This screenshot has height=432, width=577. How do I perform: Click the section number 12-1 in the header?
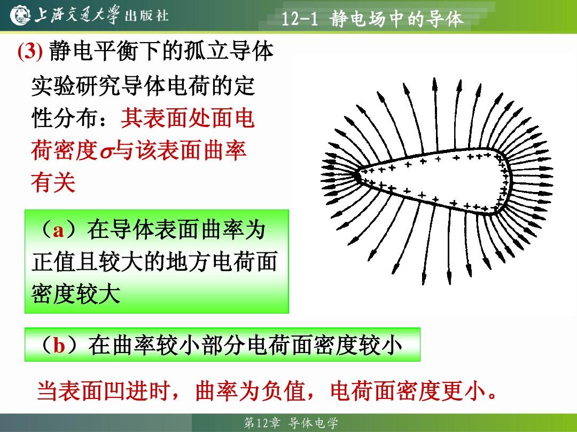point(300,18)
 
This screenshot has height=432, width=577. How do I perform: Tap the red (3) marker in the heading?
point(30,51)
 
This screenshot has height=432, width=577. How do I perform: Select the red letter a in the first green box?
point(59,231)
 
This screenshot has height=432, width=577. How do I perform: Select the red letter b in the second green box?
point(59,345)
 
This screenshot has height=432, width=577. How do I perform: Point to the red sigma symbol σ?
point(106,152)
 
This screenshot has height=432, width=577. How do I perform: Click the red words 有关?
point(53,182)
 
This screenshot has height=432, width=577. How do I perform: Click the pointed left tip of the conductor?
point(356,175)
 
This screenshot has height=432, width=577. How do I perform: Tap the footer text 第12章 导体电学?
point(291,423)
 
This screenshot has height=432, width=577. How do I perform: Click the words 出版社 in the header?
point(147,15)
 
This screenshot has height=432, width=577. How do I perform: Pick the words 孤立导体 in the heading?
point(229,51)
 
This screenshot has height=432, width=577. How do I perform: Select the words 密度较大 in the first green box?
point(76,294)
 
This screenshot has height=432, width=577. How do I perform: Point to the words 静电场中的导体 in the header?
point(396,19)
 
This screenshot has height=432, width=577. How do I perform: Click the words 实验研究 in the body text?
point(76,87)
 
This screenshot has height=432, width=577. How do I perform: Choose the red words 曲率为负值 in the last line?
point(251,390)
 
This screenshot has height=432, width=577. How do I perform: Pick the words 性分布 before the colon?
point(65,118)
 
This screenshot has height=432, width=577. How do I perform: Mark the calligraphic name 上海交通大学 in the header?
point(77,15)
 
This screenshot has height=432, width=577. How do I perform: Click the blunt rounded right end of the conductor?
point(507,180)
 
